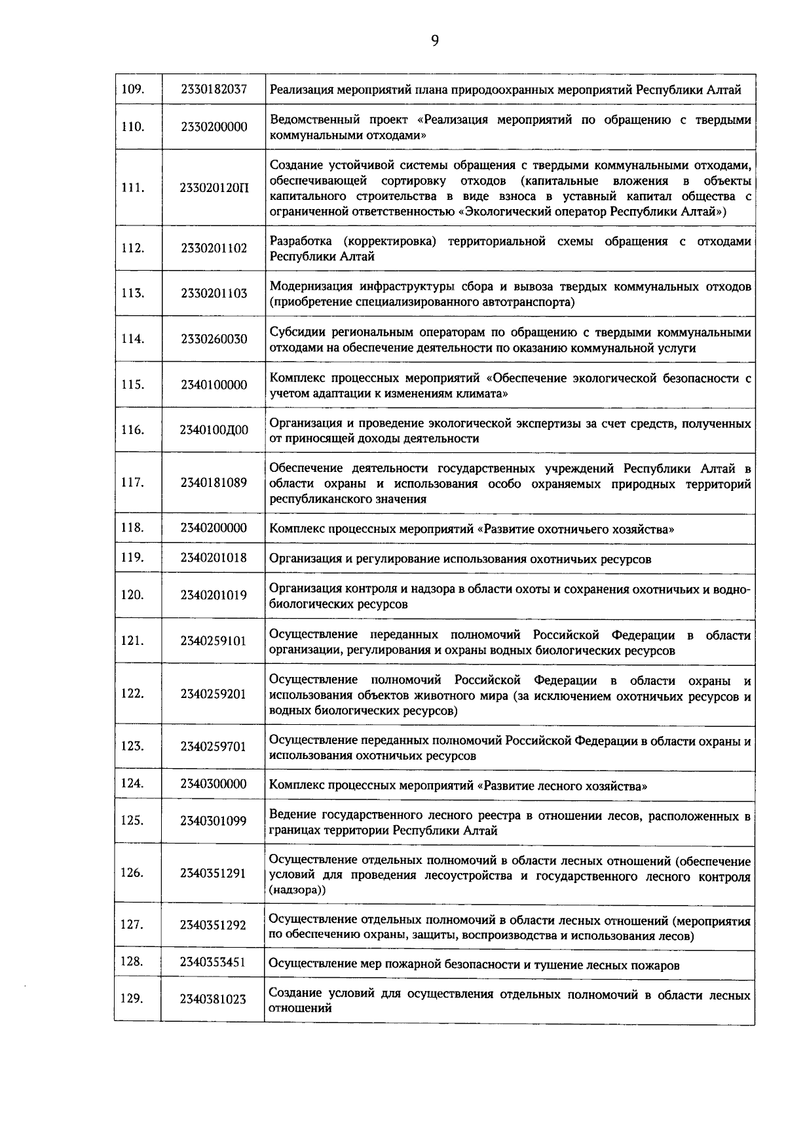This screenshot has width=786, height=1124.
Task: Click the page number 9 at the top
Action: coord(435,41)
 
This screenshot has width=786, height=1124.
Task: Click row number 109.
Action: coord(133,88)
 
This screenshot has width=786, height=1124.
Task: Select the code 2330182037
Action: coord(214,88)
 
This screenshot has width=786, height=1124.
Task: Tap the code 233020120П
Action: coord(214,187)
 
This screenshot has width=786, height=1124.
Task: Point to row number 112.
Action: coord(133,248)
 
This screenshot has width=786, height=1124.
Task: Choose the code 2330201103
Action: coord(214,294)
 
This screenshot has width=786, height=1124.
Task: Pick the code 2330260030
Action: coord(214,339)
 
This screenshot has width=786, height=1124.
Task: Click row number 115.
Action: coord(133,385)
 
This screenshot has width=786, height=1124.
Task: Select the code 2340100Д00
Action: coord(214,430)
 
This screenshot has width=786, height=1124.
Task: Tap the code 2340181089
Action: coord(214,483)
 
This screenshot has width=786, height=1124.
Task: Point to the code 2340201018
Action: coord(214,558)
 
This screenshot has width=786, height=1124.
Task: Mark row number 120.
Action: coord(133,595)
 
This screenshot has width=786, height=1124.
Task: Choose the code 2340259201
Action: coord(214,694)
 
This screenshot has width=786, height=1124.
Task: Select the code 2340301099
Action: coord(214,821)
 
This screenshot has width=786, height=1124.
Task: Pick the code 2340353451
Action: coord(214,962)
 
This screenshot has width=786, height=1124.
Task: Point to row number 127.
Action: coord(133,925)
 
